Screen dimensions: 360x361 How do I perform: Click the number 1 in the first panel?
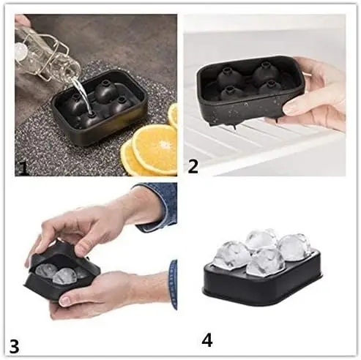click(23, 169)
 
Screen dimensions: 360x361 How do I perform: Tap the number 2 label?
click(193, 166)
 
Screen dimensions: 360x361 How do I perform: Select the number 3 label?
click(15, 344)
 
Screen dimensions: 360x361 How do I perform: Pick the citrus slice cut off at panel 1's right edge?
click(173, 115)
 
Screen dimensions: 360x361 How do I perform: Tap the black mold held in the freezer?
click(242, 91)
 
